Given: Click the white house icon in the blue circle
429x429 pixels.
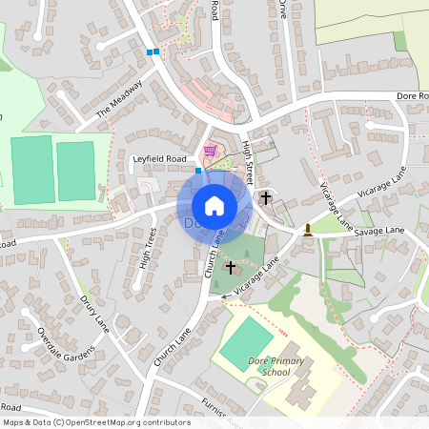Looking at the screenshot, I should coord(214,205).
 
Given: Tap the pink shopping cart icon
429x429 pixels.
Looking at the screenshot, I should coord(210,150).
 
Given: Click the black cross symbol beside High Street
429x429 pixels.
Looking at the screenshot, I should coord(265,197).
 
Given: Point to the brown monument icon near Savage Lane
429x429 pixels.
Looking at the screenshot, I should coord(308,229).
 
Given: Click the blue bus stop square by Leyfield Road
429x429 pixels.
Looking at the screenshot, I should coord(198,171).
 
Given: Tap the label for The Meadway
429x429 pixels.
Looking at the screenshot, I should coord(120,104).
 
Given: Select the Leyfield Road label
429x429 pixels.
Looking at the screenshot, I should coord(160,158).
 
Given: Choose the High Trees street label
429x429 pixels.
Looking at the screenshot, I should coord(148,247).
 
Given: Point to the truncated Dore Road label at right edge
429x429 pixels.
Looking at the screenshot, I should coord(413,96).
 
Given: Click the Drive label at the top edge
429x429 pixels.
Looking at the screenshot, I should coord(282,9).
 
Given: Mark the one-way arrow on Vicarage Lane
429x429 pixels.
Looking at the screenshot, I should coord(227,296).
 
